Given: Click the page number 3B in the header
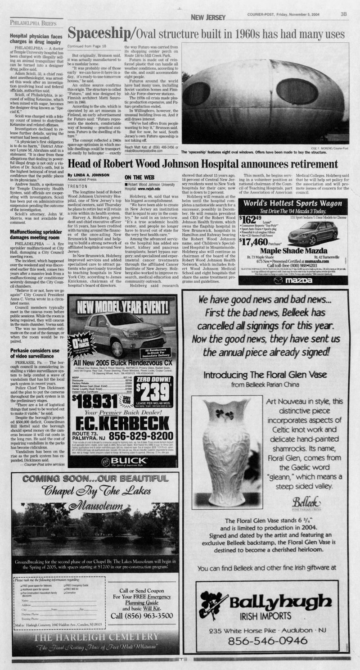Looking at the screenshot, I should pos(343,14).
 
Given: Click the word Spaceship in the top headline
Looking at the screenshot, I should pos(98,33).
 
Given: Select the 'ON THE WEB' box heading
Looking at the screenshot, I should pos(138,177).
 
